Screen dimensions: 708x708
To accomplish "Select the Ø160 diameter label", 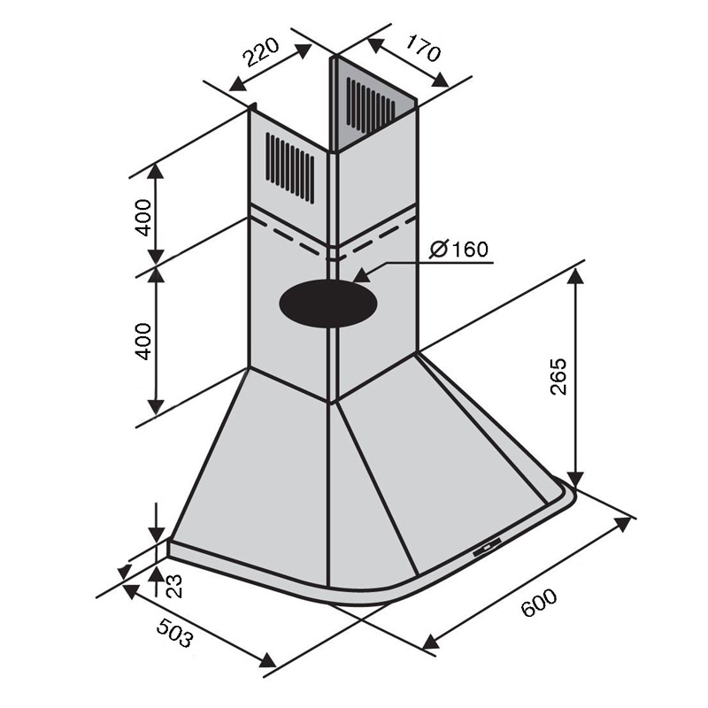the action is [458, 250].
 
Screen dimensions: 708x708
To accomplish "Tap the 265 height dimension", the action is [558, 377].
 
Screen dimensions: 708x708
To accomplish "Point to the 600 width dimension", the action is [539, 603].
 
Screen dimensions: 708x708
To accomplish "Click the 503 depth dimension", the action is [175, 632].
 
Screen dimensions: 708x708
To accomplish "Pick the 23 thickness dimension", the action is [173, 586].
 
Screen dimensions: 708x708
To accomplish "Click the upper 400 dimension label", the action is [144, 217].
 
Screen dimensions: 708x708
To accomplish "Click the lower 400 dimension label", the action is [144, 341].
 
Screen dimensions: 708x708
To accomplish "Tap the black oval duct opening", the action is [328, 304].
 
